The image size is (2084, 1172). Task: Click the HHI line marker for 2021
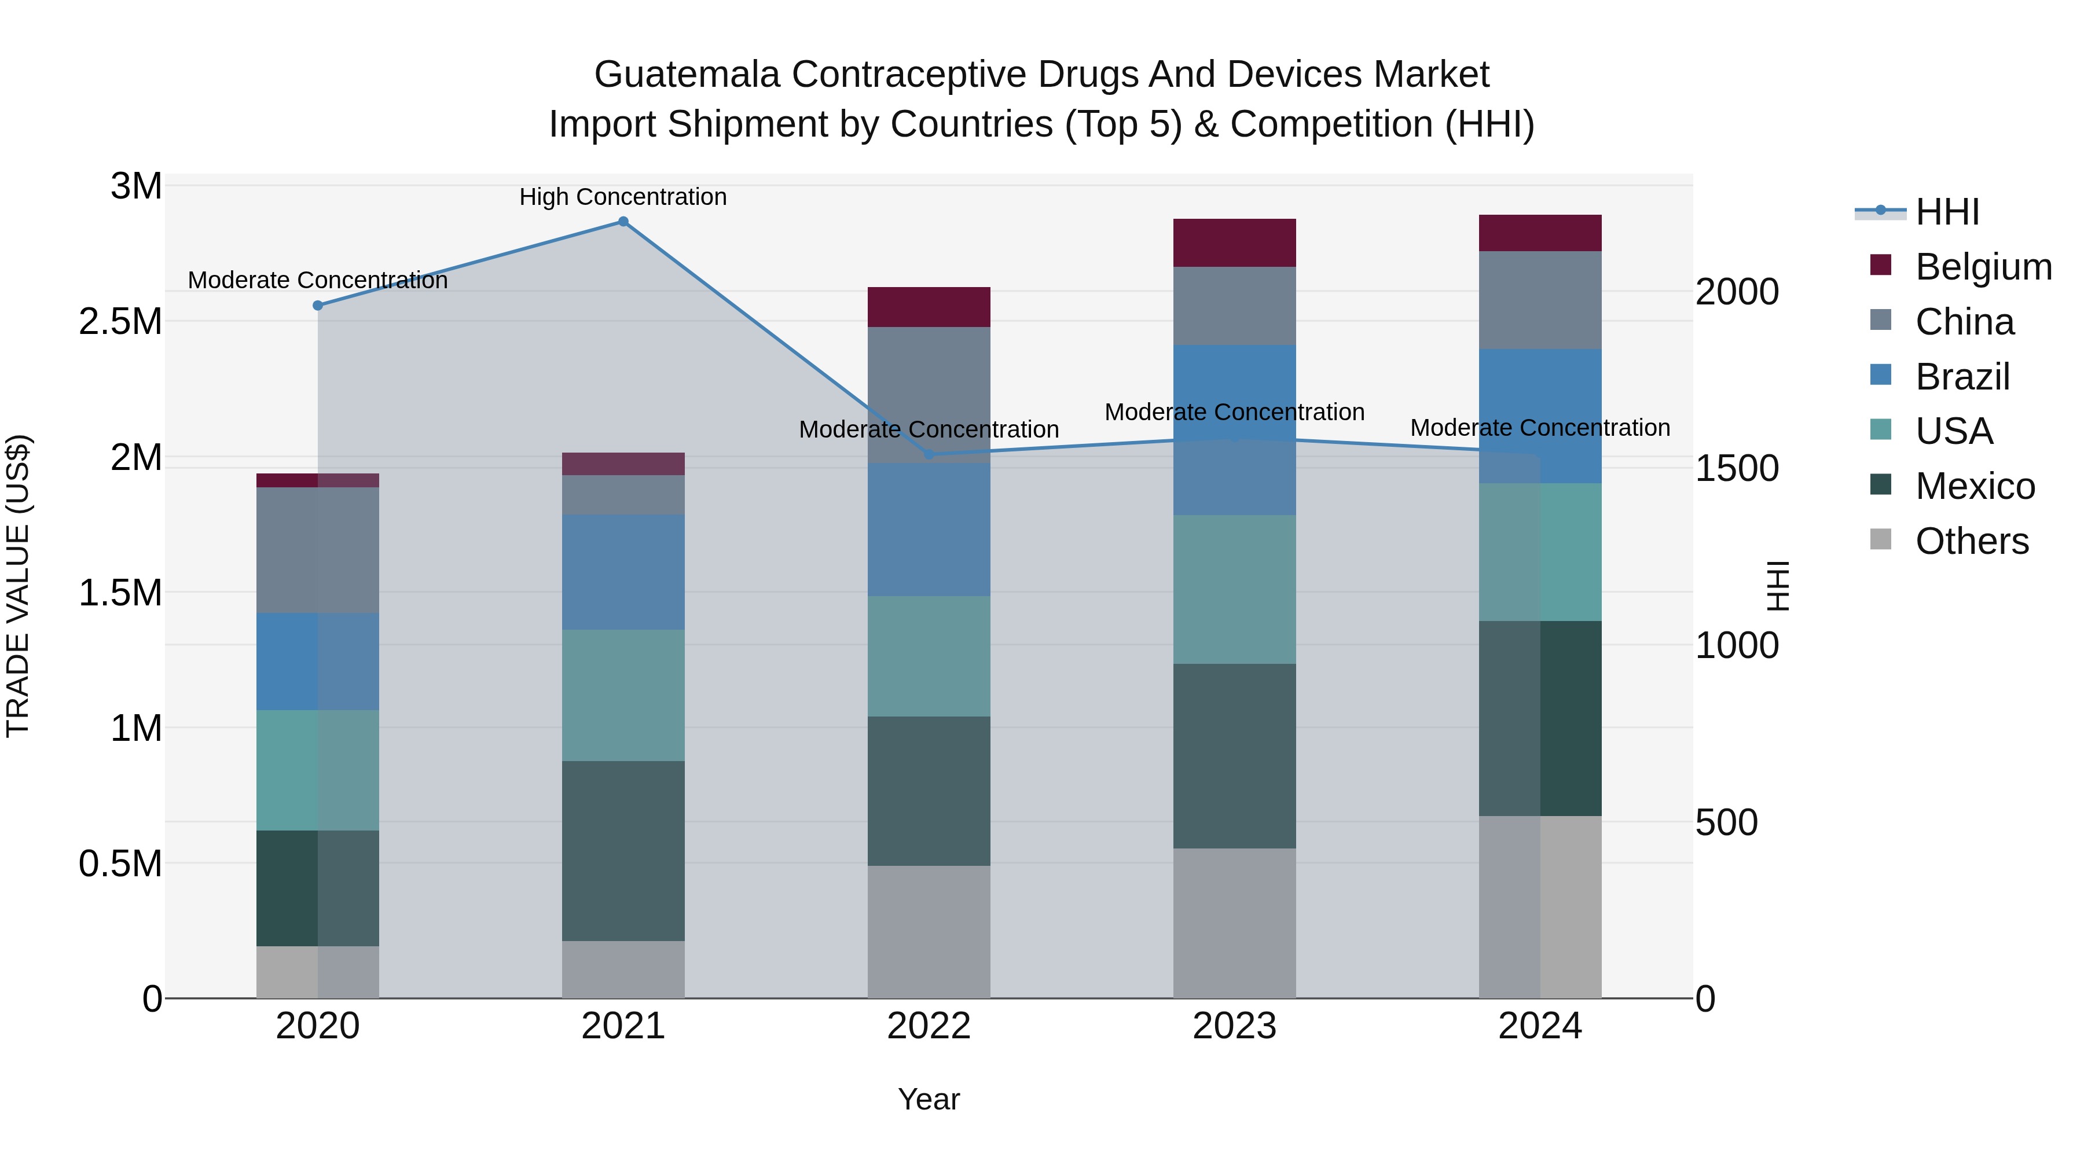(x=623, y=222)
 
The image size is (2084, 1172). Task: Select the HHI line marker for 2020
(x=318, y=306)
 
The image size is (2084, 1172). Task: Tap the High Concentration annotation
(x=623, y=197)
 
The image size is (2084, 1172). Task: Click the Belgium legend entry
(x=1983, y=267)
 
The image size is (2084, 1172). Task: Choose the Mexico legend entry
(x=1974, y=486)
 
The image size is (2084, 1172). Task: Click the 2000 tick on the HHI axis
(x=1736, y=292)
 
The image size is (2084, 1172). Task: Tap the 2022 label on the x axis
(x=929, y=1026)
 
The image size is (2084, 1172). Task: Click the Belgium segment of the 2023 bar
(x=1235, y=243)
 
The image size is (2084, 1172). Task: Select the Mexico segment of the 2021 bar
(x=623, y=851)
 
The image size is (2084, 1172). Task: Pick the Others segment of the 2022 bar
(x=929, y=932)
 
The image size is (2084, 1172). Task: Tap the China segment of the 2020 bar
(x=318, y=550)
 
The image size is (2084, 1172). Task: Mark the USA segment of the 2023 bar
(x=1235, y=590)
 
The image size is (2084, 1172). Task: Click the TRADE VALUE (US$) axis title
(x=18, y=586)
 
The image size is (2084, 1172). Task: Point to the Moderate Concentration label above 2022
(x=929, y=429)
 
